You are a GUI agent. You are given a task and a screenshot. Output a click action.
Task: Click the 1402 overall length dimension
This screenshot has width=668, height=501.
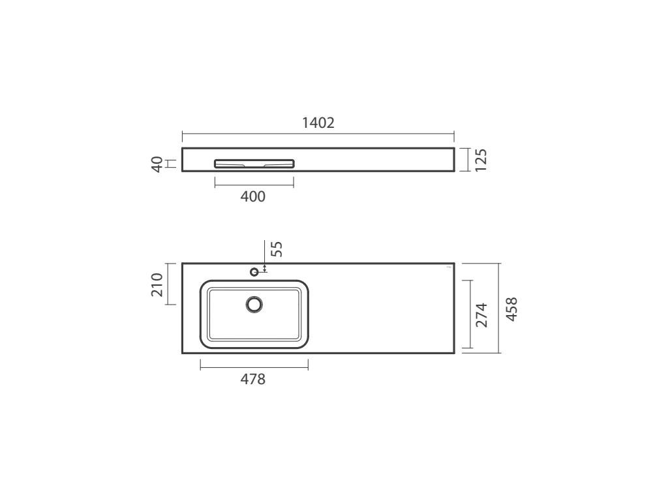tap(318, 123)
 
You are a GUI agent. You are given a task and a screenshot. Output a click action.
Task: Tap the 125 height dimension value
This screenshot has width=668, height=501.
tap(481, 160)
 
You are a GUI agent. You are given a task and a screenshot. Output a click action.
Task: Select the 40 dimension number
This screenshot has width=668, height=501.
tap(157, 164)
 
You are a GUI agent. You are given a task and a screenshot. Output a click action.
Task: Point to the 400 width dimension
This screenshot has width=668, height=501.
tap(253, 196)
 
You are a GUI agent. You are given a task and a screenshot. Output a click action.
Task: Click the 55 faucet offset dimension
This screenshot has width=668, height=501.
tap(277, 249)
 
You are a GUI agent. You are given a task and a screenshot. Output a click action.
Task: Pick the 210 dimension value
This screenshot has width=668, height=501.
tap(157, 284)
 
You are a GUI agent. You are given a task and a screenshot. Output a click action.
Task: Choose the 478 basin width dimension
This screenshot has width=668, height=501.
tap(253, 379)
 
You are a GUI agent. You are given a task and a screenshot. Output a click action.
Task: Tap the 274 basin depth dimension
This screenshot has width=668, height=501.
tap(481, 315)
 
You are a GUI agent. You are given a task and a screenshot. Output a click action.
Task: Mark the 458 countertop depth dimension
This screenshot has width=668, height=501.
tap(511, 309)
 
